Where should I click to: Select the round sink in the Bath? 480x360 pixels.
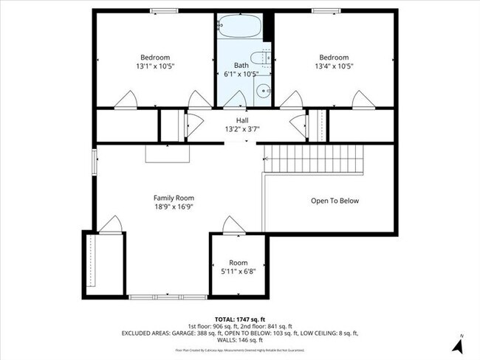click(262, 92)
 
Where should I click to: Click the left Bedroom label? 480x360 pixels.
click(156, 58)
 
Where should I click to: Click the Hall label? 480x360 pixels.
click(242, 120)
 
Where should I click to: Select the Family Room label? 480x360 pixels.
click(174, 198)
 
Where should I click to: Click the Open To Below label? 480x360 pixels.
click(335, 201)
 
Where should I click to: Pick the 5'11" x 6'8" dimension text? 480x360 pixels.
click(239, 271)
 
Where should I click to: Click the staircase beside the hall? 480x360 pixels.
click(315, 158)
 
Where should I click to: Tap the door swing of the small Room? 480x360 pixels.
click(230, 225)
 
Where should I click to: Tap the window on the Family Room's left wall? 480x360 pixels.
click(93, 162)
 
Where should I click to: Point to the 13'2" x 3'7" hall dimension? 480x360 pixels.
click(242, 129)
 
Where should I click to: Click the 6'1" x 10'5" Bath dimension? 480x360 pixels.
click(241, 74)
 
